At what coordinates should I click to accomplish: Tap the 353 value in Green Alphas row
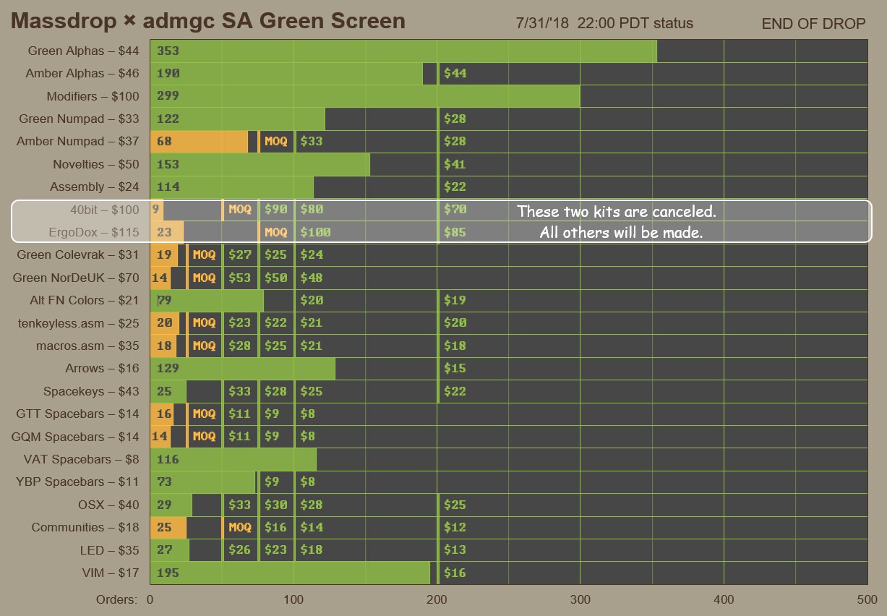coord(168,51)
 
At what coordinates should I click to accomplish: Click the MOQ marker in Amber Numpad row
coord(275,142)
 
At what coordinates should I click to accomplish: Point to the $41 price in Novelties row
coord(455,164)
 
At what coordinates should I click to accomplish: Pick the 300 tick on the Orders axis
coord(580,599)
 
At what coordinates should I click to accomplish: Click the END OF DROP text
coord(813,24)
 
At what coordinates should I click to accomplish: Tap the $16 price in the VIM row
coord(455,573)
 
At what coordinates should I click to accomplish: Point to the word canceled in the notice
coord(681,212)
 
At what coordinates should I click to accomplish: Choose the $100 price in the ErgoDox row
coord(316,233)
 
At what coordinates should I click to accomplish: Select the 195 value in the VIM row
coord(168,573)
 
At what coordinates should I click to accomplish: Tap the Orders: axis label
coord(116,599)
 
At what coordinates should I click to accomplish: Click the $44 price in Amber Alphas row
coord(455,73)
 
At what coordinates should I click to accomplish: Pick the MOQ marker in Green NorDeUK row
coord(204,278)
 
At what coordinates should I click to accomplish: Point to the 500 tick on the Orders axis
coord(867,599)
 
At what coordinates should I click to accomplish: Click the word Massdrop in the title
coord(64,22)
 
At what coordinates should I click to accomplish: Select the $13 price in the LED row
coord(455,550)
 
